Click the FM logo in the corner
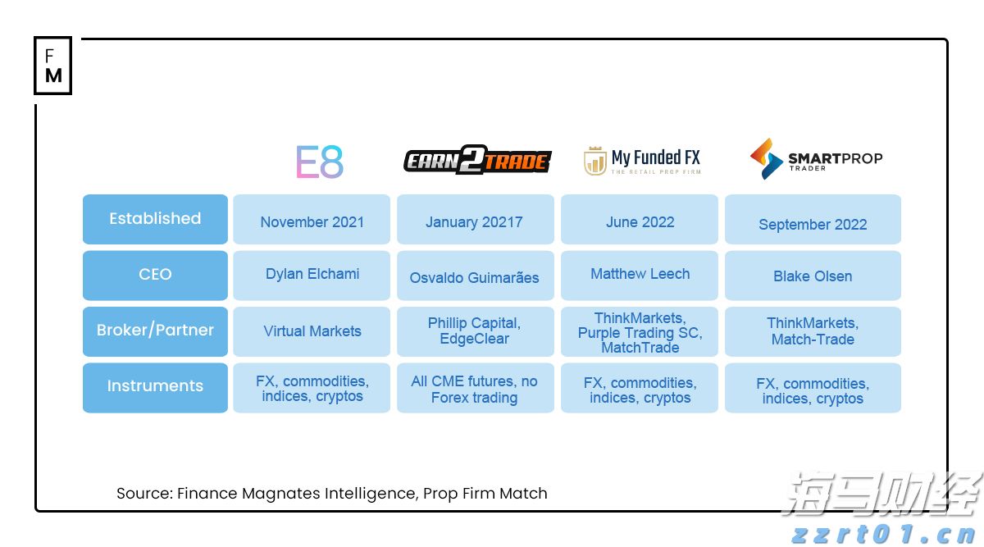(x=53, y=66)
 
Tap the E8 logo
(x=320, y=162)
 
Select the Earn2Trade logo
(x=477, y=161)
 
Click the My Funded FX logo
(x=641, y=161)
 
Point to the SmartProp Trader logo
(x=816, y=159)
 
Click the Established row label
(x=155, y=219)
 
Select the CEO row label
(x=155, y=275)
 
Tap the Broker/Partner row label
(x=155, y=330)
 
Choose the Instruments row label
(x=155, y=387)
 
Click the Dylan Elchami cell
(x=312, y=275)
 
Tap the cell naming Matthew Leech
(x=640, y=275)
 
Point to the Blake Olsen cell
(x=813, y=276)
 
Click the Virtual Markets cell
(x=312, y=331)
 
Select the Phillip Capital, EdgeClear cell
(x=475, y=331)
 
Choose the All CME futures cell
(x=475, y=389)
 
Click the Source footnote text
(x=331, y=493)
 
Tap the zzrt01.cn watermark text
(x=886, y=536)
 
